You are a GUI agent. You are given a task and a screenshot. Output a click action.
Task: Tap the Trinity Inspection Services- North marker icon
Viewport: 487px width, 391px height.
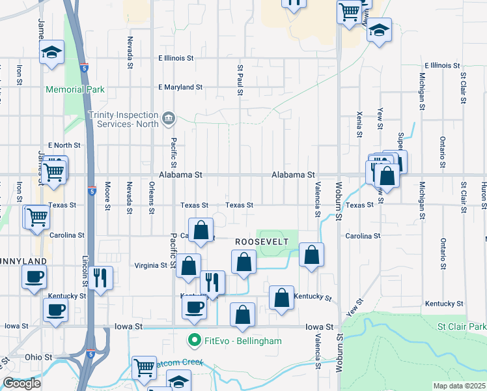click(x=169, y=117)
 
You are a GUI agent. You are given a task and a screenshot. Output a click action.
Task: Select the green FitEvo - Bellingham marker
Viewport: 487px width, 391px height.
click(x=193, y=340)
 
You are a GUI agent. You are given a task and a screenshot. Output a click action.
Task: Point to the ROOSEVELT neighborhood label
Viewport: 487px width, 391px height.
click(x=260, y=241)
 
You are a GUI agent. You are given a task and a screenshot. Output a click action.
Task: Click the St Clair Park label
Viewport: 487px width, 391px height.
click(x=462, y=325)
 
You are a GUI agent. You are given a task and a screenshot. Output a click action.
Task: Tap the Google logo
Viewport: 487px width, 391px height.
click(x=21, y=383)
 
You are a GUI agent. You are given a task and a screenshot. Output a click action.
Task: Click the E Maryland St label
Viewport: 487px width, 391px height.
click(x=180, y=87)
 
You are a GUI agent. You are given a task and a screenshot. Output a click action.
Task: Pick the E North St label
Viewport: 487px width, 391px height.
click(x=64, y=145)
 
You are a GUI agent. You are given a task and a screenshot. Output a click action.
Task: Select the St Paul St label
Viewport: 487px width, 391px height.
click(x=240, y=80)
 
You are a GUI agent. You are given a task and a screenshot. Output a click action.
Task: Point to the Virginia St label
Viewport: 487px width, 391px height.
click(x=150, y=265)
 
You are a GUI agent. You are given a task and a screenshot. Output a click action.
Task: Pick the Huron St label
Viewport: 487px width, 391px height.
click(x=484, y=192)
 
